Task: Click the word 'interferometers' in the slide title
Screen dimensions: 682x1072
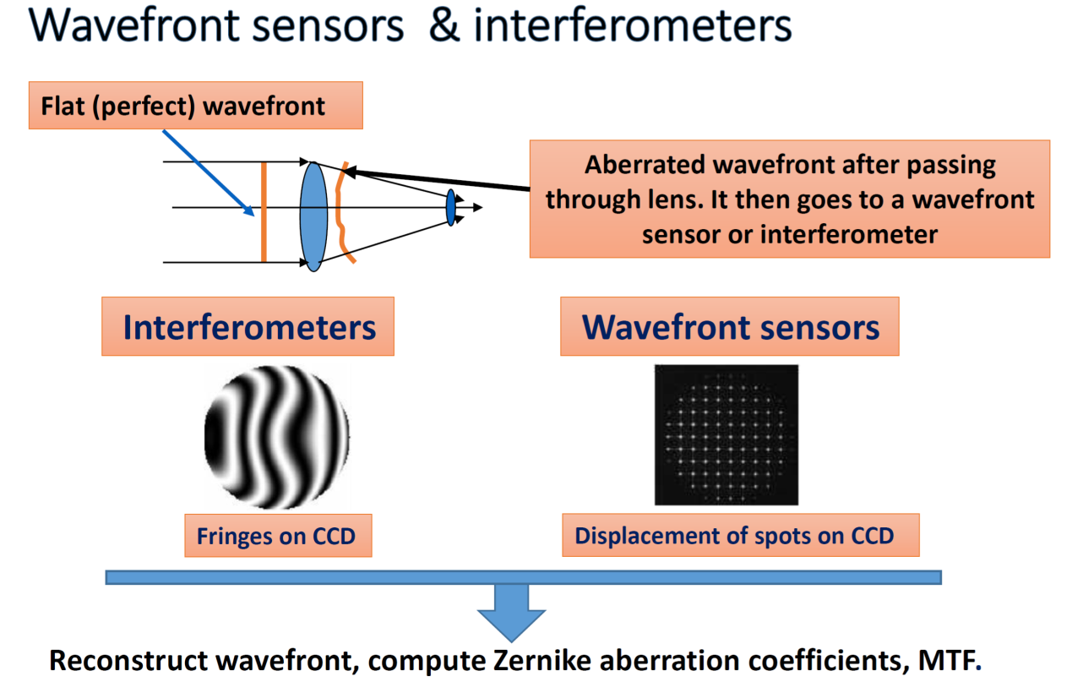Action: [x=633, y=26]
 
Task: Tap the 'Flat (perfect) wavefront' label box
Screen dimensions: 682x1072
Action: [x=195, y=106]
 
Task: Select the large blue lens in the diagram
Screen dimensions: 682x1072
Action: [x=313, y=216]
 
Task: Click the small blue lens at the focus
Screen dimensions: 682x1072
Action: [x=451, y=207]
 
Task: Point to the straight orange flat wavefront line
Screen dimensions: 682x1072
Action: [x=264, y=211]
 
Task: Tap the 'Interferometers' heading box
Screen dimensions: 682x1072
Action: [x=248, y=327]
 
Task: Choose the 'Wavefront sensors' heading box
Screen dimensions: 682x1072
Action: [x=730, y=327]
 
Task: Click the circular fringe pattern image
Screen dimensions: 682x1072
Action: [x=276, y=437]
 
